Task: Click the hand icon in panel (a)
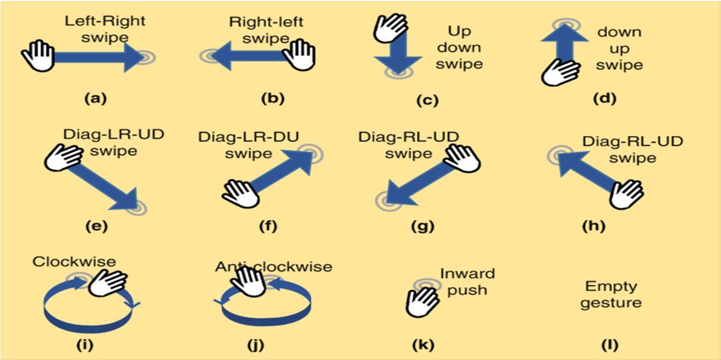(x=37, y=56)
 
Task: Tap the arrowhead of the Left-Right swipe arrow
(x=134, y=57)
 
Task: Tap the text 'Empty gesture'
(x=610, y=295)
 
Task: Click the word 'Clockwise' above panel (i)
(x=74, y=262)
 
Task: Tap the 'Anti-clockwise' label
(x=273, y=267)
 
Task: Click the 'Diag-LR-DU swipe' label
(x=249, y=145)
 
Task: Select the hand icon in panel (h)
(x=626, y=193)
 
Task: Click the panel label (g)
(x=423, y=225)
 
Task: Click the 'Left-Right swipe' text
(x=97, y=29)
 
